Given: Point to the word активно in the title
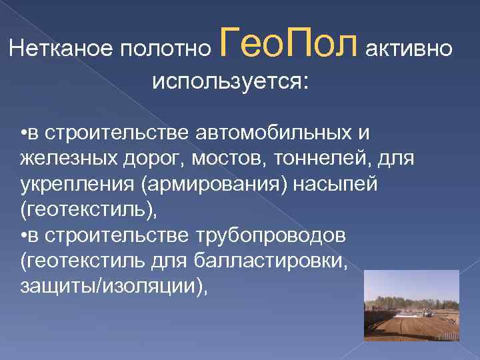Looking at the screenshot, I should click(x=410, y=49).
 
